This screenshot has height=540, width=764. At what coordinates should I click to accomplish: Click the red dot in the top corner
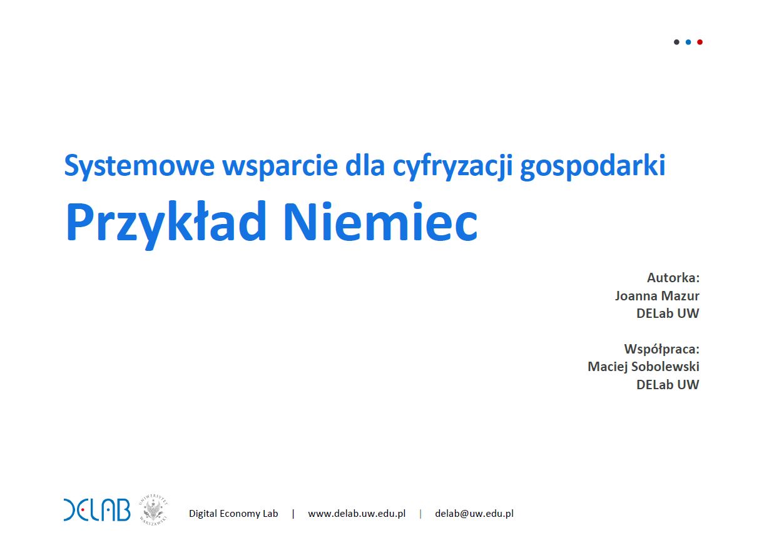tap(700, 42)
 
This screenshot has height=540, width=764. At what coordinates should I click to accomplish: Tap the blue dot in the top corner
tap(688, 42)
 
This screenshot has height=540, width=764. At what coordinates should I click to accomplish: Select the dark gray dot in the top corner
tap(676, 42)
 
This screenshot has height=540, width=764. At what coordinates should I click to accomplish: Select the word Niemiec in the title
tap(380, 221)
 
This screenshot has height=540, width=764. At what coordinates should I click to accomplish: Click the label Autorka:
tap(673, 278)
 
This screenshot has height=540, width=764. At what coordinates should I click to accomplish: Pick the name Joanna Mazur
tap(657, 296)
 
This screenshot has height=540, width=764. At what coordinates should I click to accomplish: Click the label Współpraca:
tap(661, 349)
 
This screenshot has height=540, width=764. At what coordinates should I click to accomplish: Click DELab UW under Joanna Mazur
tap(668, 313)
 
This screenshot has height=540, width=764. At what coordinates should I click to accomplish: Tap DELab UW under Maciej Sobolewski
tap(668, 385)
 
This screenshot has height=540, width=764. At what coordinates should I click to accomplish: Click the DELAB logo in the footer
tap(97, 511)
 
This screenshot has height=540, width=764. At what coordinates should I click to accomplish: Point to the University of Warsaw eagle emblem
tap(153, 509)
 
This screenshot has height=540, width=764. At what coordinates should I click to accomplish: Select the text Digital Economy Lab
tap(233, 513)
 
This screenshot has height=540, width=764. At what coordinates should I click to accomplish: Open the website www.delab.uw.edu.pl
tap(357, 513)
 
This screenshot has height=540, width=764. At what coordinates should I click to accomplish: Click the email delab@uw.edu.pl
tap(474, 513)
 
